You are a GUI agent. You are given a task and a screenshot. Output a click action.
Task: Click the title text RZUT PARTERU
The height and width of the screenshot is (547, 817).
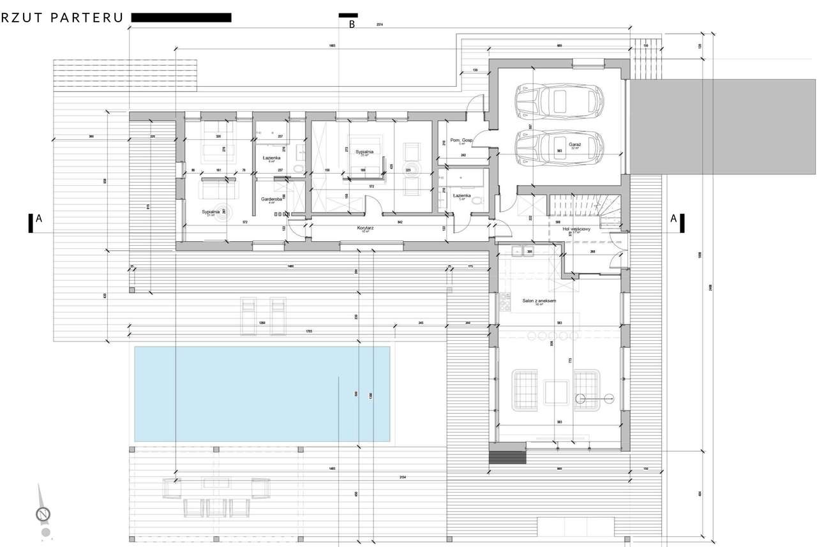click(x=62, y=18)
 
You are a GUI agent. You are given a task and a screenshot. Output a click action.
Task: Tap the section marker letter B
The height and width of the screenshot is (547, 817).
click(x=351, y=25)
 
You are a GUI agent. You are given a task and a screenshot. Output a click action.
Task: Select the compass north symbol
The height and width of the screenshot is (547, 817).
click(x=43, y=513)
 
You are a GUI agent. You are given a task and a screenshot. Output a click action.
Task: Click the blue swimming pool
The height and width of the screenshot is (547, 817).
click(x=262, y=394)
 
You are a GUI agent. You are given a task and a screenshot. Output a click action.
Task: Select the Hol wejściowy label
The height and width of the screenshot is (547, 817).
click(x=576, y=229)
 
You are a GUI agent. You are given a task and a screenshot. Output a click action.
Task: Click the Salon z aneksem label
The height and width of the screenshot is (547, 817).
click(x=539, y=301)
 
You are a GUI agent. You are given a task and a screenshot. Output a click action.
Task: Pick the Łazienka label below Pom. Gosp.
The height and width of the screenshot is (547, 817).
click(x=461, y=196)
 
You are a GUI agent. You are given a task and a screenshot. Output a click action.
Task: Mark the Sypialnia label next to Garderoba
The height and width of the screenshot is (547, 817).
click(x=211, y=211)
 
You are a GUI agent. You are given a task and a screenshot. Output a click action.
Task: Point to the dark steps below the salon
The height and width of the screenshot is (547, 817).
click(x=508, y=458)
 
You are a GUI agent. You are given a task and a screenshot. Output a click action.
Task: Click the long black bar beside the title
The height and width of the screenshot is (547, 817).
click(x=181, y=18)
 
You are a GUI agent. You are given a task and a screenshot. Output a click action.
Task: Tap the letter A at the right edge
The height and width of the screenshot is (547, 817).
click(x=673, y=218)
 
